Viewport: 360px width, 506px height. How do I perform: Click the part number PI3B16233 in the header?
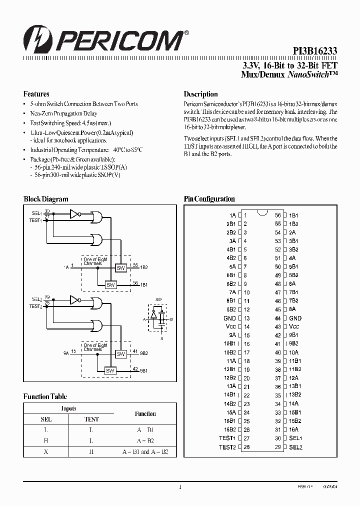315,50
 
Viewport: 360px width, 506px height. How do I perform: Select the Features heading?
36,94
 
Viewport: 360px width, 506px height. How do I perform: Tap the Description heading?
200,94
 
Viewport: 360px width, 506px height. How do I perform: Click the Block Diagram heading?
46,199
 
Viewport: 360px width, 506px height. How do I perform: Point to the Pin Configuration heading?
209,199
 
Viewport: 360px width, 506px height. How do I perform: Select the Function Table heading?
45,396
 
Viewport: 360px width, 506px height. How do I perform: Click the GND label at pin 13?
229,318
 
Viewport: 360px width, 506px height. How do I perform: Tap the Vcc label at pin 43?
294,327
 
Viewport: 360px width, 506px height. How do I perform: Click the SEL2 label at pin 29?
296,447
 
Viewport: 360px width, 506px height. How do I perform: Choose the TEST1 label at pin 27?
227,438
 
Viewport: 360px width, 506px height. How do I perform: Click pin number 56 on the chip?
278,215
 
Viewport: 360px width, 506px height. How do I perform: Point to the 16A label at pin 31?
294,430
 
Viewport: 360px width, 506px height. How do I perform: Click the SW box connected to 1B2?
121,268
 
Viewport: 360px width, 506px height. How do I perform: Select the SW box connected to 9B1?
110,370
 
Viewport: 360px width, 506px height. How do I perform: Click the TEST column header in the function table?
91,419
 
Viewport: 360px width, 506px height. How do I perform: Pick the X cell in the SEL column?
46,451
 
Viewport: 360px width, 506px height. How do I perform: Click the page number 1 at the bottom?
180,487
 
